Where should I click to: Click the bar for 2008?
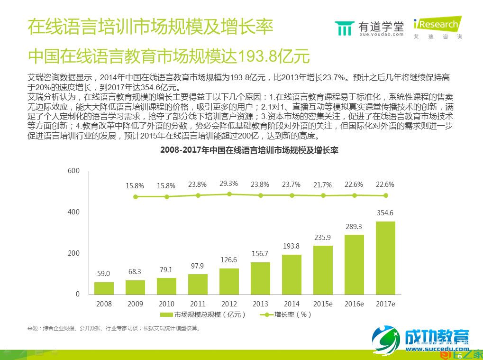(x=104, y=288)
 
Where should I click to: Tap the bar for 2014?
(x=292, y=274)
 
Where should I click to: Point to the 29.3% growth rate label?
(x=229, y=184)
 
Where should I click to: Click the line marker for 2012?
(x=229, y=194)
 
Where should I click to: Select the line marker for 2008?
(x=136, y=196)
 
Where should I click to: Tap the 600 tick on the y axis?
(x=73, y=171)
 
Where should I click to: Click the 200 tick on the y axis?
(x=73, y=253)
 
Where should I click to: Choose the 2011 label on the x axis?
(x=198, y=304)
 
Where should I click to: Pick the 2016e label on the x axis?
(x=354, y=304)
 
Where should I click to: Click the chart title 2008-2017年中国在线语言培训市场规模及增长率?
(x=249, y=150)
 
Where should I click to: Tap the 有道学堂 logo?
(x=369, y=28)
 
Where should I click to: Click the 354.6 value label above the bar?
(x=385, y=212)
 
